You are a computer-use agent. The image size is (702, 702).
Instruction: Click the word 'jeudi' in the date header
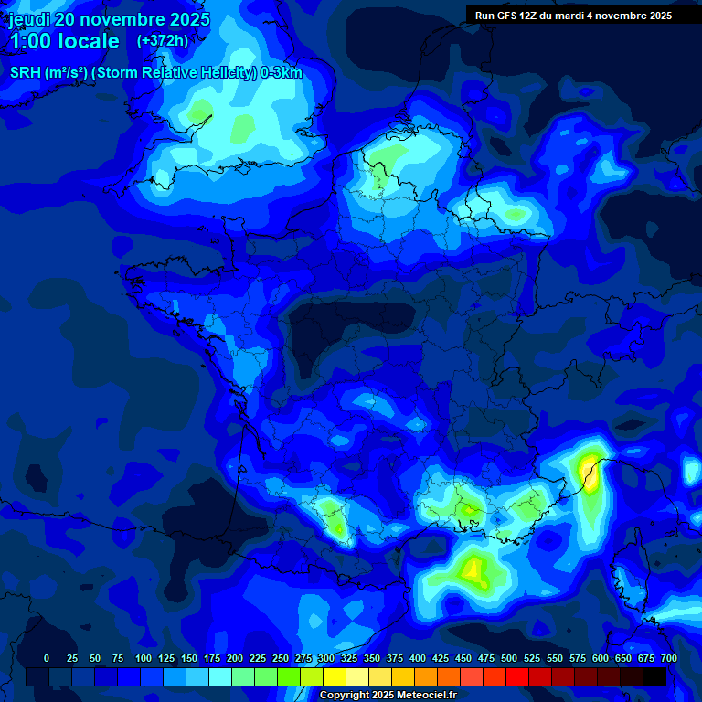[x=29, y=19]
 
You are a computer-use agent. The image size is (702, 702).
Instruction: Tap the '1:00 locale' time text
[x=64, y=41]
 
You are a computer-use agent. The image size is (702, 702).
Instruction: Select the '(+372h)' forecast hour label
[x=163, y=40]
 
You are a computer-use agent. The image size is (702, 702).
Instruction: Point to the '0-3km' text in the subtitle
[x=282, y=73]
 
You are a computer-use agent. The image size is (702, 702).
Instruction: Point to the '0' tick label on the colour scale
[x=47, y=658]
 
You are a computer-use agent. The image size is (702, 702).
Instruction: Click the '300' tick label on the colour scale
[x=326, y=658]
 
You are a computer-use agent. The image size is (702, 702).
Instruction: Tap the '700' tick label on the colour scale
[x=669, y=658]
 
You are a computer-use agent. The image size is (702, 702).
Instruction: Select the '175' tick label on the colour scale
[x=212, y=658]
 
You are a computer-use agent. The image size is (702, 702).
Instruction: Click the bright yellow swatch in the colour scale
[x=335, y=676]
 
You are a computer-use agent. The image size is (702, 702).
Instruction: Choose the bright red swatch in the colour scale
[x=517, y=676]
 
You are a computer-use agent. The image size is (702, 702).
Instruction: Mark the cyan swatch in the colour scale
[x=220, y=676]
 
